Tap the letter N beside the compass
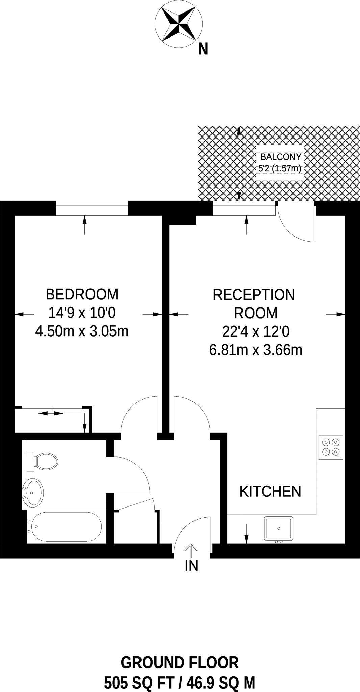(x=203, y=49)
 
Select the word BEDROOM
(x=82, y=294)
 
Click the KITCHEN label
(x=270, y=491)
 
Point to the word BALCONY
(x=281, y=157)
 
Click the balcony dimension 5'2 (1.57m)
(x=279, y=168)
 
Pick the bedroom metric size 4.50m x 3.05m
(x=82, y=331)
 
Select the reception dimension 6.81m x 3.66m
(x=256, y=350)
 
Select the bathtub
(x=64, y=527)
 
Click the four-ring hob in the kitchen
(x=331, y=447)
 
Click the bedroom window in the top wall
(x=92, y=208)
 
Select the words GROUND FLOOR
(x=180, y=663)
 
